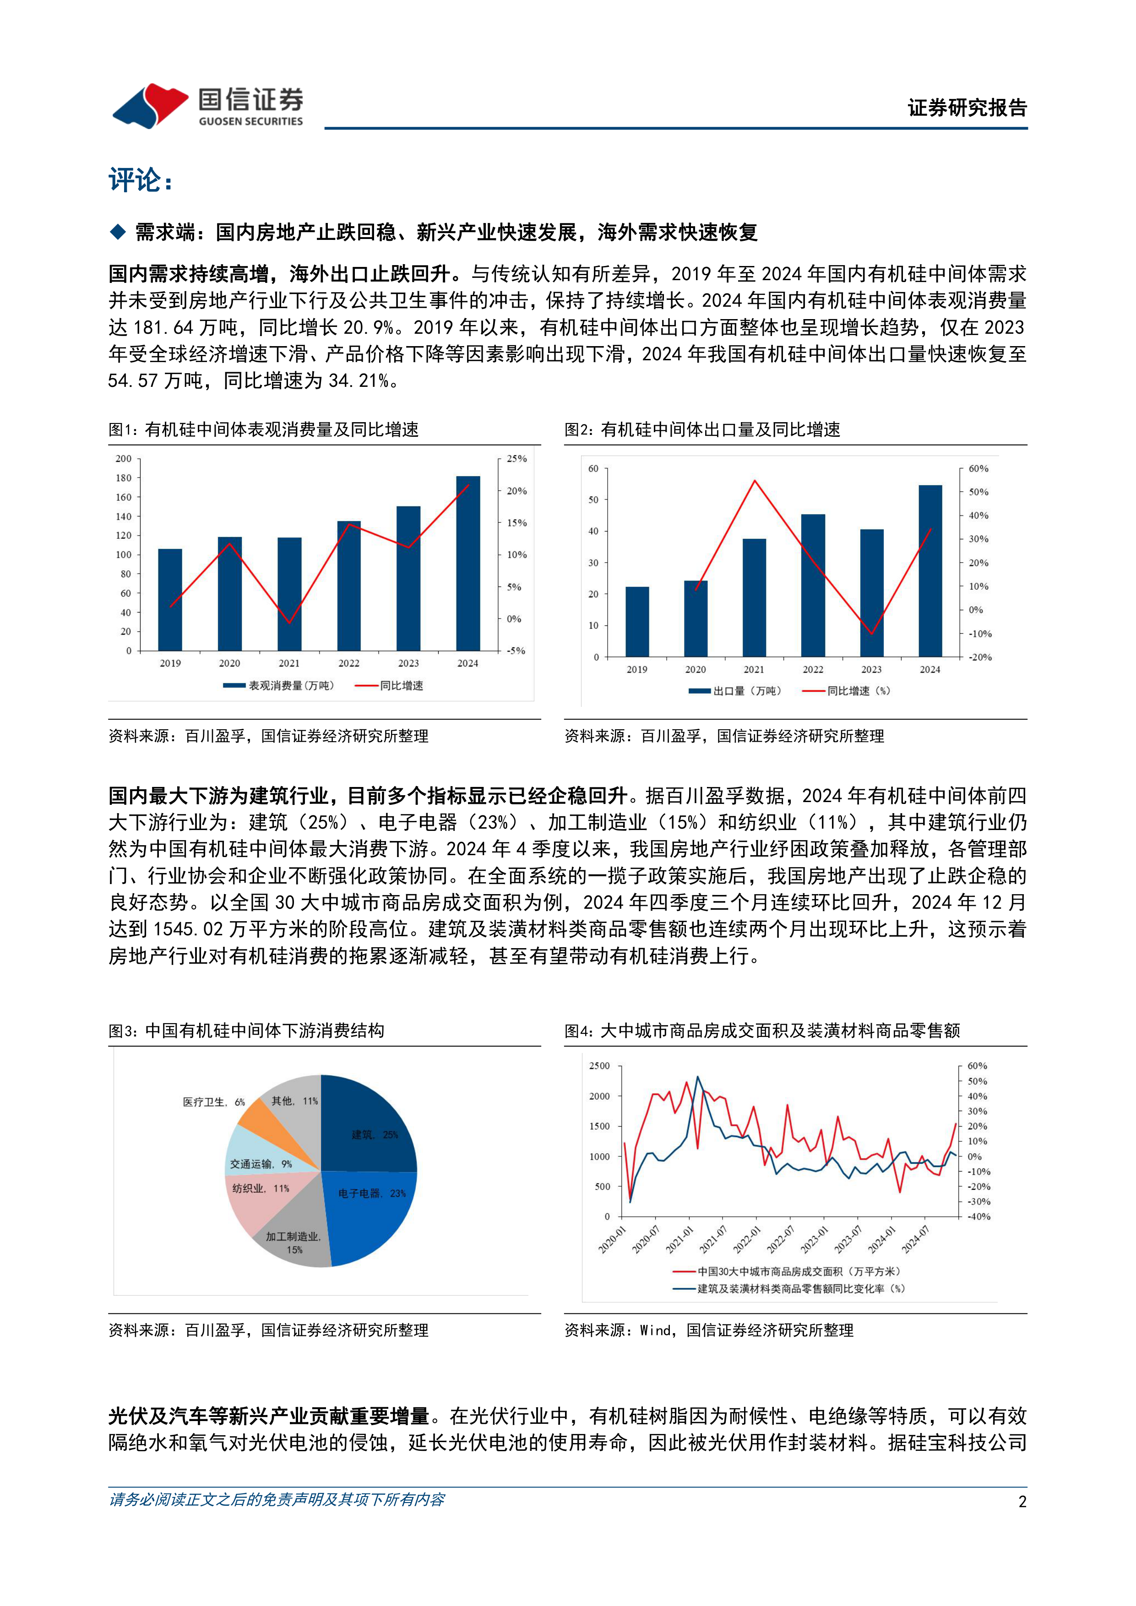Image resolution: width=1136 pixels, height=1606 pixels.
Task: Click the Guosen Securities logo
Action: click(208, 106)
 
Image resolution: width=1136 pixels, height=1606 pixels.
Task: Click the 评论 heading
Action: click(140, 180)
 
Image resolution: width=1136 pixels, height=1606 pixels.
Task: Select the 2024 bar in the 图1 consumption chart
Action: click(468, 563)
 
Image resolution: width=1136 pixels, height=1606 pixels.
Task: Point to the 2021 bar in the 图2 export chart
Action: click(754, 597)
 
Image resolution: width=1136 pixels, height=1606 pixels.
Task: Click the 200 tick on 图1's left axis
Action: click(123, 459)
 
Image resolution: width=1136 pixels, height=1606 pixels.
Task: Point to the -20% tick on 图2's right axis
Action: click(980, 657)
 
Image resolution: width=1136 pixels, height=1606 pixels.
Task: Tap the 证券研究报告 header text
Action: click(967, 108)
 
